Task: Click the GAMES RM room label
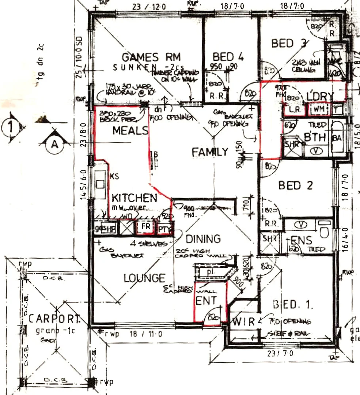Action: coord(151,57)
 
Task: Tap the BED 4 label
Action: coord(228,57)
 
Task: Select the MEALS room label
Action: coord(130,131)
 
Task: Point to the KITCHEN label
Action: coord(134,198)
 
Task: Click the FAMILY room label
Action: coord(210,152)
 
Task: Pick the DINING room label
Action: coord(203,239)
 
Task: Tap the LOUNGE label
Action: coord(144,278)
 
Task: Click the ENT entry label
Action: coord(206,301)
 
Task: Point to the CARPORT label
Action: coord(54,319)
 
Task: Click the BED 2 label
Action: coord(295,185)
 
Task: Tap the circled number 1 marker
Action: coord(11,128)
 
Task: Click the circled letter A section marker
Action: coord(54,144)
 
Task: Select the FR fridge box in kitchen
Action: coord(146,226)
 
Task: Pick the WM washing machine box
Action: coord(319,109)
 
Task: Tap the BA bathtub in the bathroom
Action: coord(337,138)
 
